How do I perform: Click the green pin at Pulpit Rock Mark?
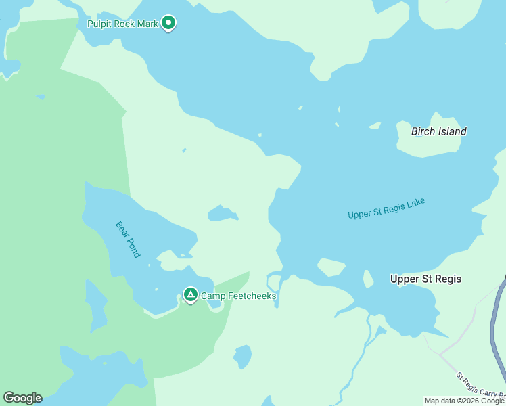pos(168,24)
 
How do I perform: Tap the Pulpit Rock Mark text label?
pos(122,24)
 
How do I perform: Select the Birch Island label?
pos(438,131)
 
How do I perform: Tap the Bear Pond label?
pos(127,239)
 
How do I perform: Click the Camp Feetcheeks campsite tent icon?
pos(191,295)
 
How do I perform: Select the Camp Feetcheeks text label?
pos(238,296)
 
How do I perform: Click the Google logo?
pos(22,398)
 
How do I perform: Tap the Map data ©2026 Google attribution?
pos(464,401)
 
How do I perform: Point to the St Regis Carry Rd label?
pos(480,385)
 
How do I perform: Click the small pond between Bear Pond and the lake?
pos(222,214)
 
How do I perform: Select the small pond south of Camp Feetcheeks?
pos(242,356)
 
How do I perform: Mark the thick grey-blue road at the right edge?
pos(497,325)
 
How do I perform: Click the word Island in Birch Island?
pos(451,131)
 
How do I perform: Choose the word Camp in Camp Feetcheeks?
pos(212,296)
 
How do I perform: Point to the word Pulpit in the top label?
pos(101,24)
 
